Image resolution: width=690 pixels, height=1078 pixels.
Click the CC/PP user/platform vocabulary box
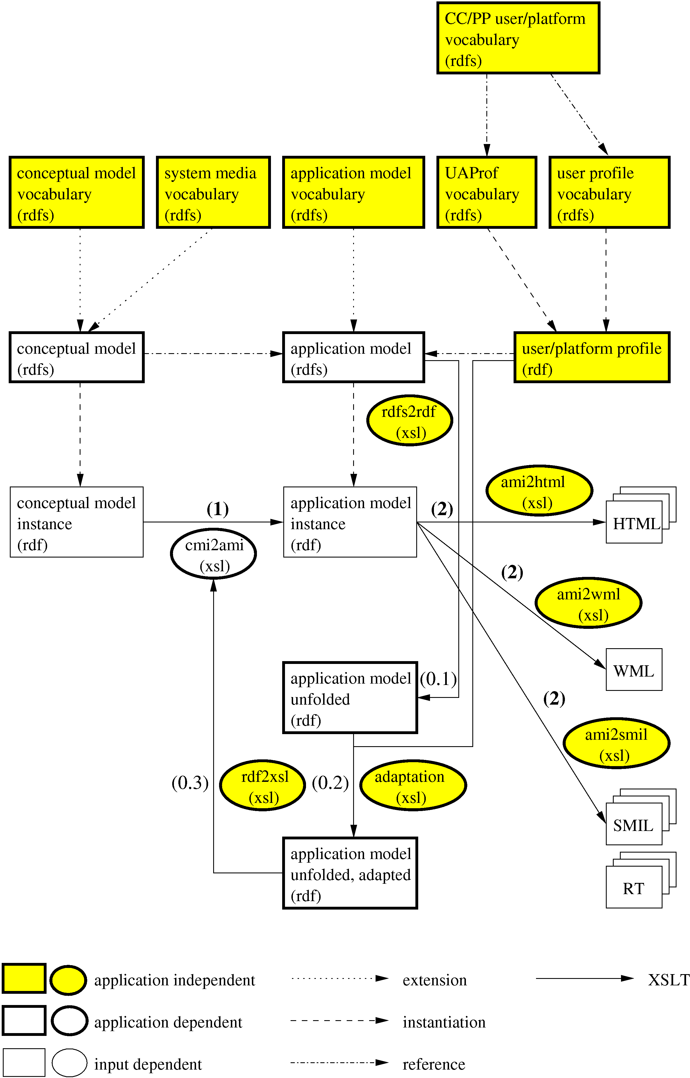[x=518, y=38]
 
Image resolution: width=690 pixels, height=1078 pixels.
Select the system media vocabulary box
[x=213, y=193]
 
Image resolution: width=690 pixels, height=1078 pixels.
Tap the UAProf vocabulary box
[x=487, y=193]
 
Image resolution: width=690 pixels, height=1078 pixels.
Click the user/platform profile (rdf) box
[x=592, y=357]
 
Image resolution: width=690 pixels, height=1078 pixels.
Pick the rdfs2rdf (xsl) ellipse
[x=410, y=421]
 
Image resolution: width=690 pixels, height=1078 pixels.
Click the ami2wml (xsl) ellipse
[x=588, y=603]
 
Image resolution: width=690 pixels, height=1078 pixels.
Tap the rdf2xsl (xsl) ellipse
[x=263, y=786]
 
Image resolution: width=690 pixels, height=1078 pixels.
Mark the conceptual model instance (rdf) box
[x=77, y=522]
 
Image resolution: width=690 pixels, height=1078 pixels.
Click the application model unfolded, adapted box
[x=350, y=874]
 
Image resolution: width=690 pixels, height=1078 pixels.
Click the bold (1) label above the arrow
[x=218, y=509]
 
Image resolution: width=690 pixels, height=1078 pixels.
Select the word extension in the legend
[x=434, y=981]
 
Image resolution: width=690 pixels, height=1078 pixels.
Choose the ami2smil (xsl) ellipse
[x=616, y=743]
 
